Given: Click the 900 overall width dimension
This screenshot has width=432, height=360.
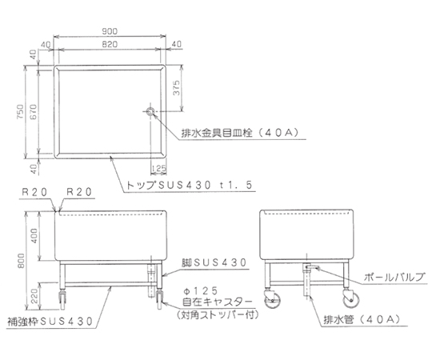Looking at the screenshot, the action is point(110,31).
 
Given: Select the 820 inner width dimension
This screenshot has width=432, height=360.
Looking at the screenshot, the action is point(110,44).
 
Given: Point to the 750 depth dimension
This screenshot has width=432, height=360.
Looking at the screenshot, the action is point(20,111).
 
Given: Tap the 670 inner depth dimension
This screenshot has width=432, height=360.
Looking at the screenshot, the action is point(33,111).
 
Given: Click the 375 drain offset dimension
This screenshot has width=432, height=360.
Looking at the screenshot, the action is point(176,88).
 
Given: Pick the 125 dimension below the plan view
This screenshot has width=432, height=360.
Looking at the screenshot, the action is point(158,168).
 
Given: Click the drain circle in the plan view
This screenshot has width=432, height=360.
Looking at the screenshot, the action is point(150,111).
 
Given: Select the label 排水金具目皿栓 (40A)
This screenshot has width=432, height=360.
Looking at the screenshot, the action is point(240,134).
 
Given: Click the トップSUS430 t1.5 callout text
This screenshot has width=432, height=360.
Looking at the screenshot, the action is point(190,185).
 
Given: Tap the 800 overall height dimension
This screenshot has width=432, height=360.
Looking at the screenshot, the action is point(21,261).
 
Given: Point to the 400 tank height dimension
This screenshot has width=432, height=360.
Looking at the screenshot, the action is point(34,236).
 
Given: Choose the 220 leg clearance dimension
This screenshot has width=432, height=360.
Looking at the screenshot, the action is point(34,296).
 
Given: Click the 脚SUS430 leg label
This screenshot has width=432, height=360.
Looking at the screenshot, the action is point(214,262).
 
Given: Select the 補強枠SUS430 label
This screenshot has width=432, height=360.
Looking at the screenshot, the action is point(50,322).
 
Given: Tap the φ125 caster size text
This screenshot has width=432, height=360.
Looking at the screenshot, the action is point(200,291).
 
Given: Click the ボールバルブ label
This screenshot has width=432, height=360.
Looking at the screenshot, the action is point(394,277).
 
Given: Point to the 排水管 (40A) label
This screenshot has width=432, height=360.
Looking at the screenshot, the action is point(362,320).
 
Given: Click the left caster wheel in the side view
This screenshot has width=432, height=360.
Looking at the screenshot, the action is point(272,300).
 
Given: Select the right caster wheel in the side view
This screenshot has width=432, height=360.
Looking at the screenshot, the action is point(351,300).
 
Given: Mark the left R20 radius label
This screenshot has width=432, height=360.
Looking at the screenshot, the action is point(34,192).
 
